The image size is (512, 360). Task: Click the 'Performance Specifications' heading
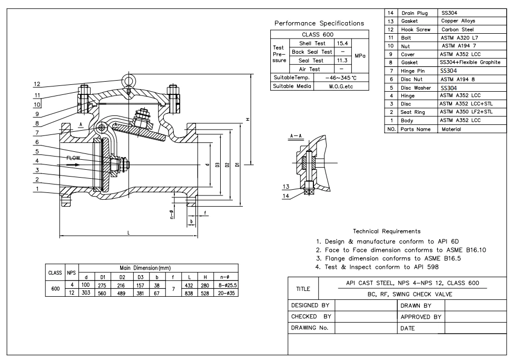[x=319, y=23]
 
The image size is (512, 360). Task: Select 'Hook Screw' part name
[x=416, y=30]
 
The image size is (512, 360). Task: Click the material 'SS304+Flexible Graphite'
[x=470, y=63]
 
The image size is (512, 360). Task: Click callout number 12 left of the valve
[x=36, y=84]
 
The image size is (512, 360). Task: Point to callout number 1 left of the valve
[x=36, y=189]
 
